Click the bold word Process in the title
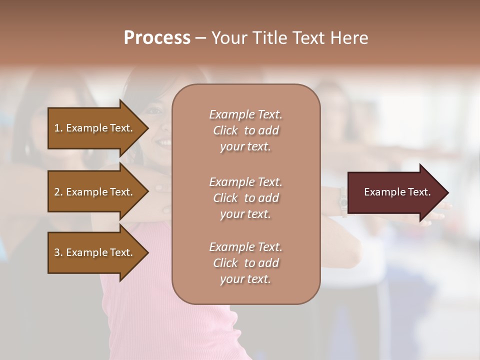coord(157,38)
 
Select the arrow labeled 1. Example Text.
coord(95,128)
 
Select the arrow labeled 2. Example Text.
coord(95,192)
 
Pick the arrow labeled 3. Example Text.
coord(95,252)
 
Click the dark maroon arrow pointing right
coord(395,192)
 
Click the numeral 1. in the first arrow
coord(58,128)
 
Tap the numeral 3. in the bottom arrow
coord(58,252)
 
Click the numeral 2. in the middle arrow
coord(58,192)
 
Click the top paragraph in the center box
coord(245,130)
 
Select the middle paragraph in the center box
coord(245,198)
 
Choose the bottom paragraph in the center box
coord(245,263)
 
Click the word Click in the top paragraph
coord(225,130)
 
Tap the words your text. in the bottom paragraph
coord(245,279)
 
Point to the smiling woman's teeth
coord(164,143)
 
